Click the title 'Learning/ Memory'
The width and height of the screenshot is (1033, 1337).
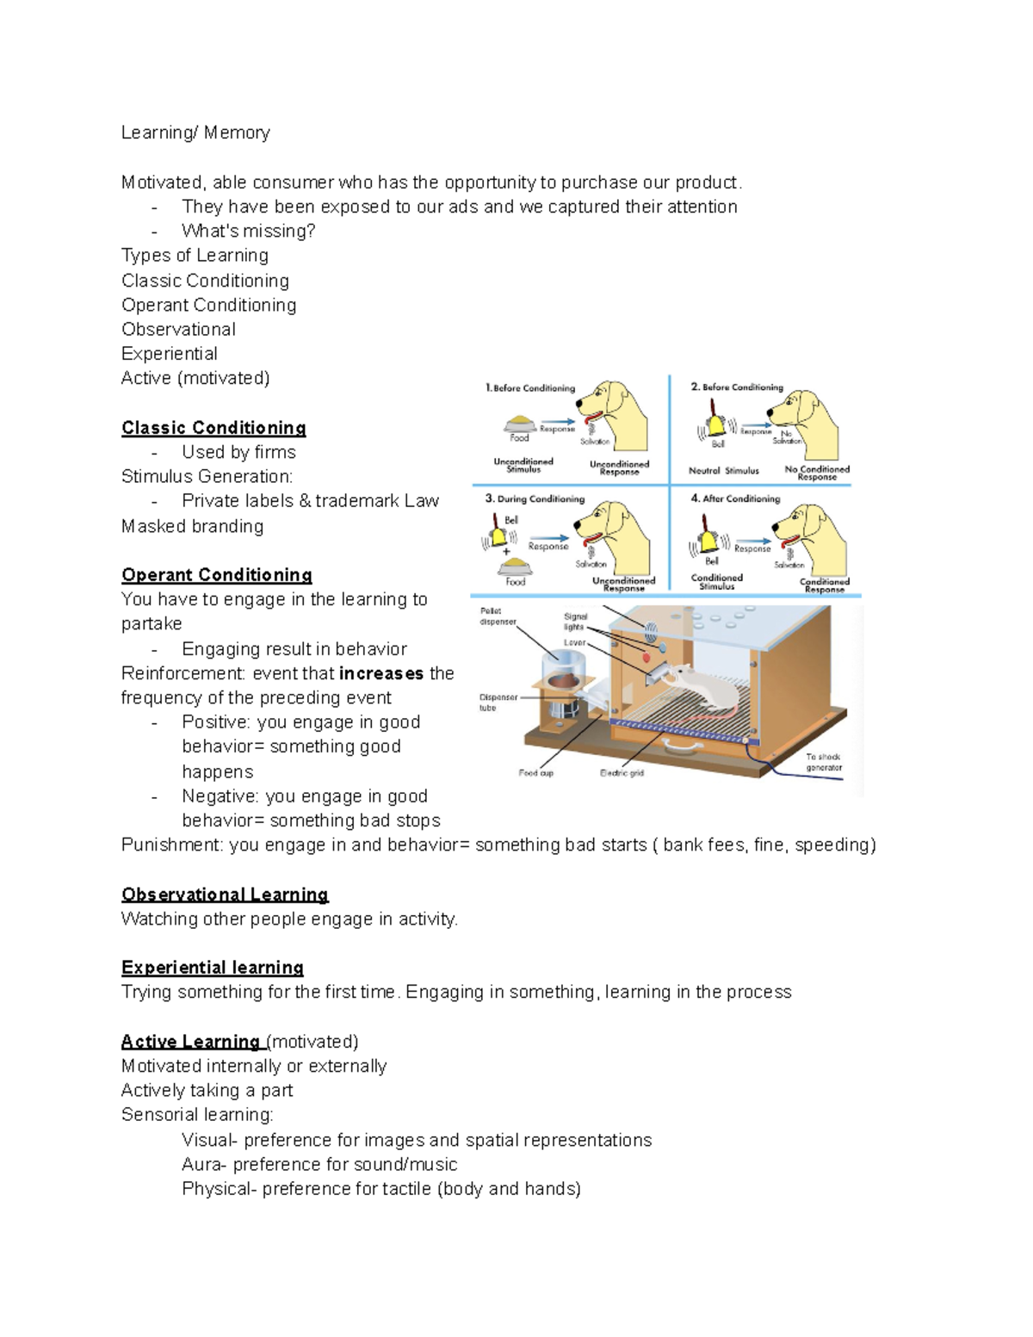195,133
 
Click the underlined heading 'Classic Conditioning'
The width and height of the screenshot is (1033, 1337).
213,428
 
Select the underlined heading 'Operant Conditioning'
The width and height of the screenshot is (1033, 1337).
216,575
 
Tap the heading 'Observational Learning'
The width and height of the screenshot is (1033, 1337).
225,894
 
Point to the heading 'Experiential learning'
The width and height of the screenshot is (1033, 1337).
212,968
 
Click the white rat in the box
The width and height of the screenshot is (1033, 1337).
706,685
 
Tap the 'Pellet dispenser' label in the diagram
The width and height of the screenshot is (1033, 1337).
498,616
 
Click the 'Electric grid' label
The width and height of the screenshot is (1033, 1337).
621,773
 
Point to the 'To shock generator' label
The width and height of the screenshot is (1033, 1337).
823,762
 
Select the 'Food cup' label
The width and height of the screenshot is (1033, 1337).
535,773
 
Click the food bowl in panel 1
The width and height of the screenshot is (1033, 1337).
520,423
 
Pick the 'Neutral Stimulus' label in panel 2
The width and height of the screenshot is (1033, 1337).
723,471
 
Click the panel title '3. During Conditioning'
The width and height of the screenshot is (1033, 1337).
535,498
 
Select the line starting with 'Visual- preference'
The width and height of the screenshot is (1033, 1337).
417,1140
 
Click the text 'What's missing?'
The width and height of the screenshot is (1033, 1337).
248,231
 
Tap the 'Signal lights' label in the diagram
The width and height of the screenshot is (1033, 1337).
575,622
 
